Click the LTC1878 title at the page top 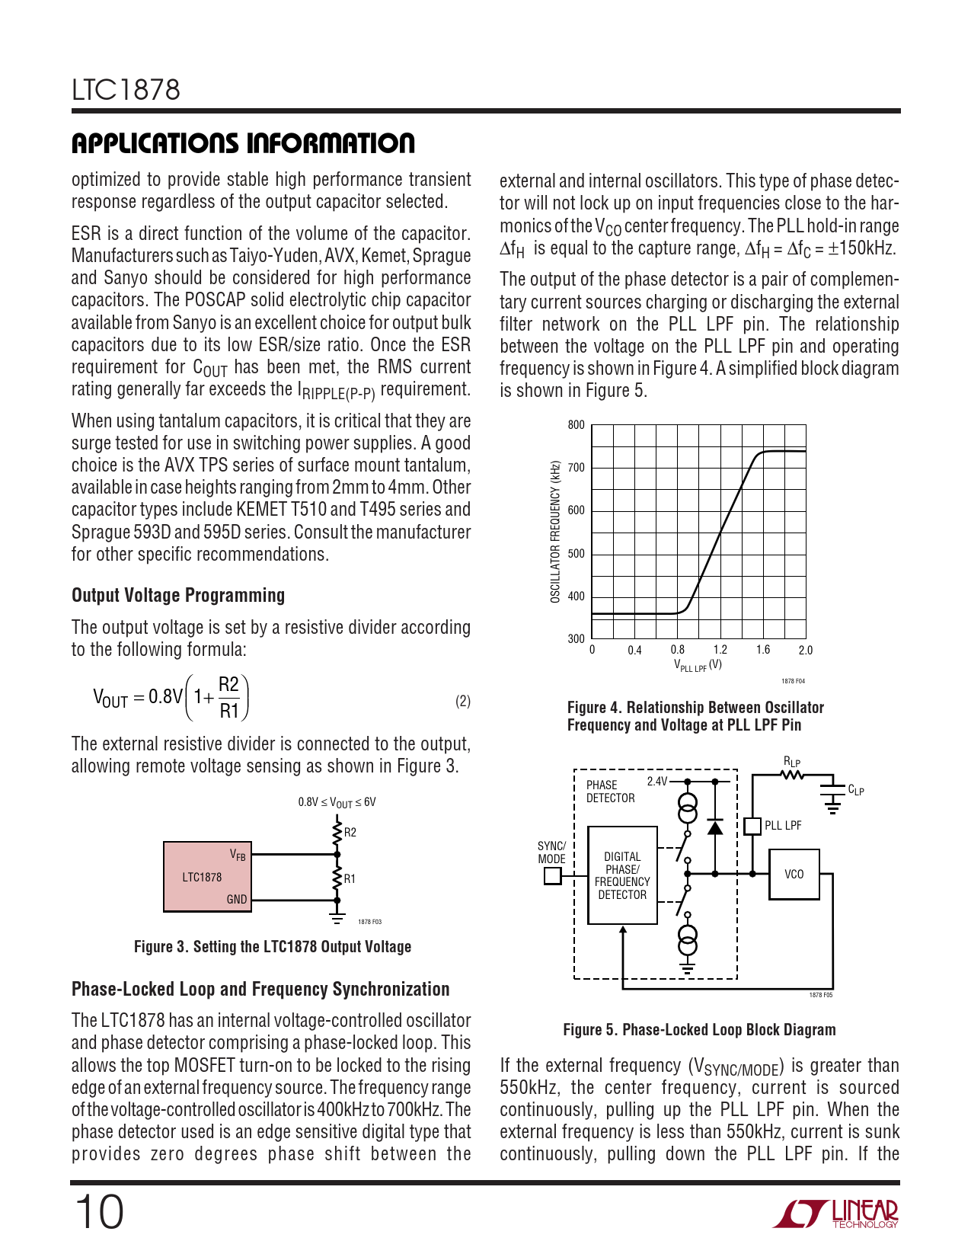tap(126, 90)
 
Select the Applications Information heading tap(243, 143)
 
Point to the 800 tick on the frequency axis tap(577, 425)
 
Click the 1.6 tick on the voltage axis tap(763, 650)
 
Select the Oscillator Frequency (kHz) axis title tap(555, 532)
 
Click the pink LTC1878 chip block tap(207, 877)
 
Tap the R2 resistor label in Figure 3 tap(350, 832)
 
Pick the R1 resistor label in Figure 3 tap(350, 878)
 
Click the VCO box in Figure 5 tap(794, 875)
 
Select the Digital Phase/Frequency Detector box tap(622, 875)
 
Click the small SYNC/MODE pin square tap(552, 876)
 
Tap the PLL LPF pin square tap(752, 826)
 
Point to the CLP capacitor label tap(856, 790)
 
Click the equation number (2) tap(463, 701)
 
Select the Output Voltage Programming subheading tap(178, 596)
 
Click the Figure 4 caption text tap(695, 716)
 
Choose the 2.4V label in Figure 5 tap(656, 782)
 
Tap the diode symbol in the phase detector tap(715, 827)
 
